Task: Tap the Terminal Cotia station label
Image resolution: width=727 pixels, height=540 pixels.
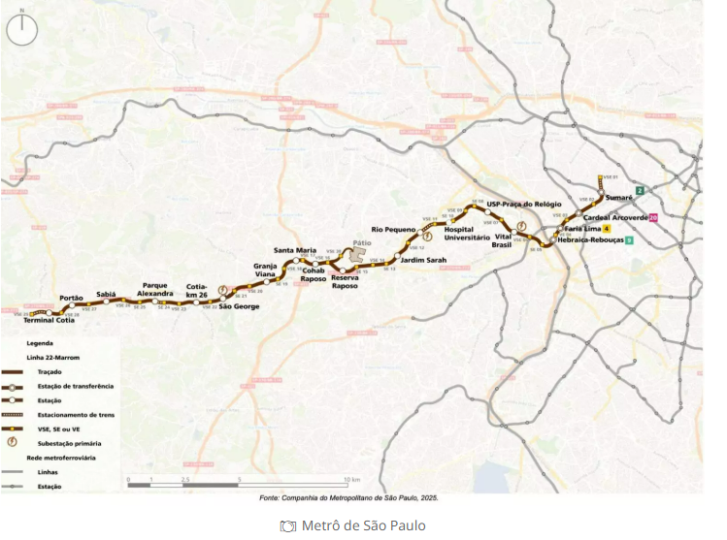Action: (x=49, y=320)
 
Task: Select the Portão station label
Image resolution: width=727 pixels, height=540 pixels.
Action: (x=71, y=298)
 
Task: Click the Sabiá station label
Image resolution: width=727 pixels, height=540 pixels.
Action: (x=106, y=294)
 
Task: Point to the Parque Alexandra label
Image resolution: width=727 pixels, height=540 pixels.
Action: (x=155, y=289)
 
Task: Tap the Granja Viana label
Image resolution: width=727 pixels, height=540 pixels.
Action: (x=266, y=270)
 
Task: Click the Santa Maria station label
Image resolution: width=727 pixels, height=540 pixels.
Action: (x=295, y=250)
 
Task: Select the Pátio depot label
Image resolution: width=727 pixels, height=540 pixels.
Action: (x=362, y=243)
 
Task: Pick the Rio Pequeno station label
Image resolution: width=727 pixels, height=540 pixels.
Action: (x=393, y=230)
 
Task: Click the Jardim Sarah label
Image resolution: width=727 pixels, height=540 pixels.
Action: (x=423, y=260)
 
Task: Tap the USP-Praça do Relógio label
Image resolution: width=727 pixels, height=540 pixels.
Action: (x=525, y=205)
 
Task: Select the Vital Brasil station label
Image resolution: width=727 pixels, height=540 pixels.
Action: (x=502, y=240)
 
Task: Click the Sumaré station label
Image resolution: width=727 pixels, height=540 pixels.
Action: (x=619, y=197)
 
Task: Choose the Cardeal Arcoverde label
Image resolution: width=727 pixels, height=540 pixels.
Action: (x=616, y=217)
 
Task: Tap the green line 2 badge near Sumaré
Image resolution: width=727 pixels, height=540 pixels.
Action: (x=640, y=190)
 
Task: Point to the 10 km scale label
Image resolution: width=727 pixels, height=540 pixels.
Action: (x=351, y=480)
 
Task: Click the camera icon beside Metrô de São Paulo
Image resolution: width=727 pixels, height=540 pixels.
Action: (x=287, y=525)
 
